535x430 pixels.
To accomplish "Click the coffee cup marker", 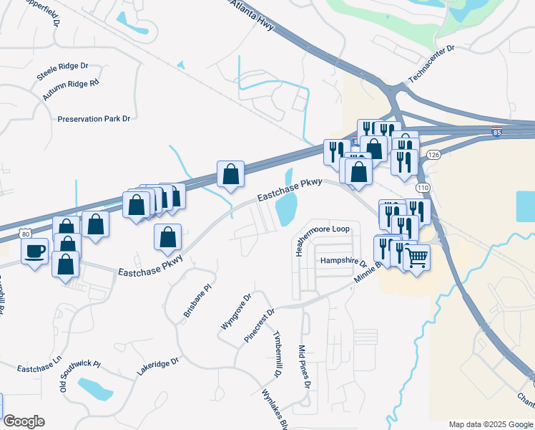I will (35, 252).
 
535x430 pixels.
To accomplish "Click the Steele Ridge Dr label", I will (62, 71).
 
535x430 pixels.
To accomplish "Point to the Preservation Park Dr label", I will (94, 119).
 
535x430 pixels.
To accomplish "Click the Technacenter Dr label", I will (431, 64).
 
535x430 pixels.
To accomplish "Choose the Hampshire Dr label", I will (343, 261).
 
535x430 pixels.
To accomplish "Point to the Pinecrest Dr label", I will (260, 326).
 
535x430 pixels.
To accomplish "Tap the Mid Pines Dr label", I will (304, 367).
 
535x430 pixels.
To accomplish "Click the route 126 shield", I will (433, 154).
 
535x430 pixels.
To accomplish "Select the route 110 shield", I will (423, 188).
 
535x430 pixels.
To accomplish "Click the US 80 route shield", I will (26, 234).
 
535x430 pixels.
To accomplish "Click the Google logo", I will (24, 421).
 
